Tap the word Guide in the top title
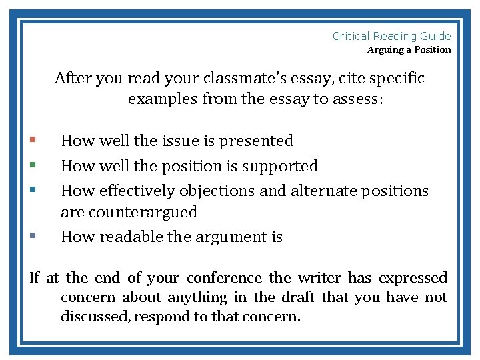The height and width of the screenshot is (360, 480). click(436, 37)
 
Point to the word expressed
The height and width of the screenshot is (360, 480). click(413, 278)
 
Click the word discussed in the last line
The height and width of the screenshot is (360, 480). click(95, 317)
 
